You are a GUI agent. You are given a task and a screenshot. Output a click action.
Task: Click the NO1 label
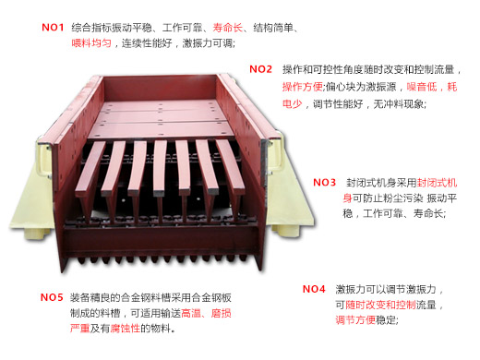tap(52, 28)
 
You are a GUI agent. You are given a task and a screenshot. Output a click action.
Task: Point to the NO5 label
tap(52, 297)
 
